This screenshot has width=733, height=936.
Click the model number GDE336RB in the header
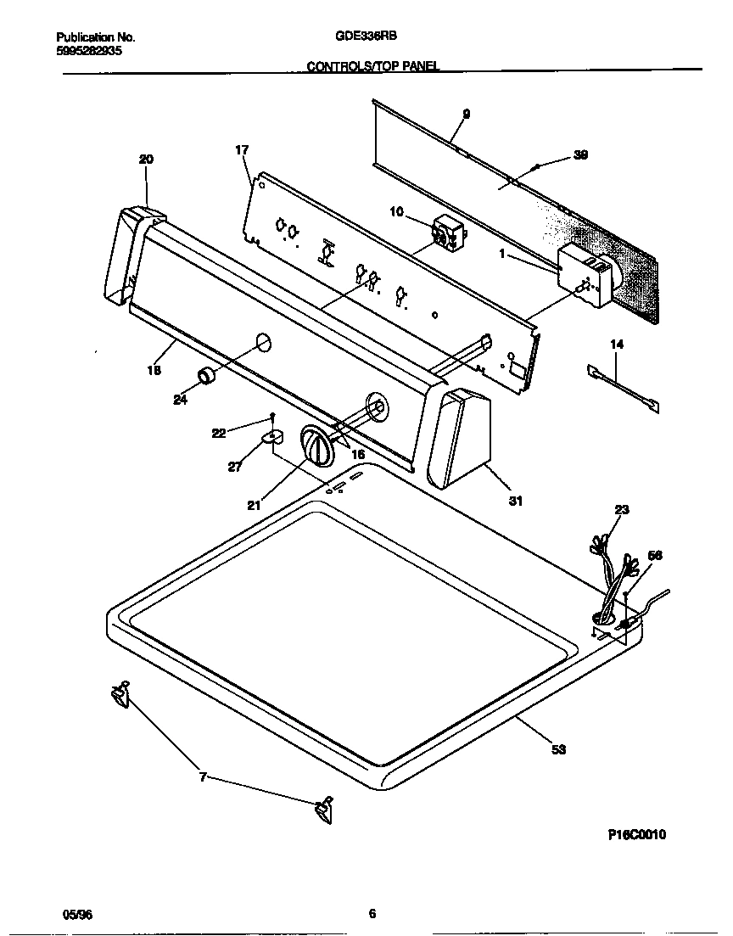pyautogui.click(x=367, y=37)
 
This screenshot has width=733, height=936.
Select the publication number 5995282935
pyautogui.click(x=90, y=51)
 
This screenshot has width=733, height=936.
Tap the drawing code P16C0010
pyautogui.click(x=636, y=834)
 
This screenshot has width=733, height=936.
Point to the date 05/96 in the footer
pyautogui.click(x=77, y=914)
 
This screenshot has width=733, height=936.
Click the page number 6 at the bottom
pyautogui.click(x=372, y=914)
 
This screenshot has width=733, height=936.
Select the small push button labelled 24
pyautogui.click(x=205, y=376)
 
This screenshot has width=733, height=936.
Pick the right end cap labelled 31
pyautogui.click(x=459, y=438)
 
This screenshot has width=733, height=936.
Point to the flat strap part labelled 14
pyautogui.click(x=624, y=387)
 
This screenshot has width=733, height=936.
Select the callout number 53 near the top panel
pyautogui.click(x=557, y=749)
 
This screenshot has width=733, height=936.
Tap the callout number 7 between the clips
pyautogui.click(x=202, y=776)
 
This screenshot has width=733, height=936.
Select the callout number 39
pyautogui.click(x=580, y=154)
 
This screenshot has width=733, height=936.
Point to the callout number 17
pyautogui.click(x=242, y=150)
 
